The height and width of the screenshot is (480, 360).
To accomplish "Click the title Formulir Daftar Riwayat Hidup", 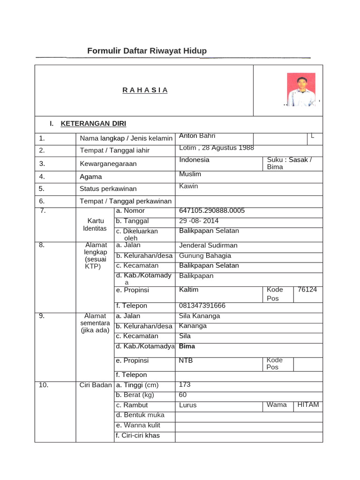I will (x=147, y=51).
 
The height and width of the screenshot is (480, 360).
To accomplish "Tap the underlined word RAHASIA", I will (x=145, y=90).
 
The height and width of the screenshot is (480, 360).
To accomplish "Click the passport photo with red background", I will (x=301, y=89).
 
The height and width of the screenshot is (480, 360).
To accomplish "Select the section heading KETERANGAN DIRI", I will (x=93, y=124).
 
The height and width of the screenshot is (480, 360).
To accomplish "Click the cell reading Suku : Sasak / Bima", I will (x=289, y=163).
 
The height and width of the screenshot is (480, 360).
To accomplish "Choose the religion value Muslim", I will (x=190, y=174).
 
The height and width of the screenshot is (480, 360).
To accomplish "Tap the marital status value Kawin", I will (x=188, y=186).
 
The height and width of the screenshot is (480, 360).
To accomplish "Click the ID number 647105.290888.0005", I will (x=212, y=211).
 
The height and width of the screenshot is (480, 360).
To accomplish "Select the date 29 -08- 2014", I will (x=199, y=221).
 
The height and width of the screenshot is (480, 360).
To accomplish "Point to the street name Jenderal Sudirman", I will (x=208, y=246).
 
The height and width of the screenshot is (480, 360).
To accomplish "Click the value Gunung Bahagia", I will (x=205, y=256).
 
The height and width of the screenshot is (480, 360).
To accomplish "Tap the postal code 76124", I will (x=307, y=290).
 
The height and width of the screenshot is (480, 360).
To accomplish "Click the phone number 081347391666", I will (x=202, y=306).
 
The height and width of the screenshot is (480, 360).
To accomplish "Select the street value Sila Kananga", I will (x=199, y=316).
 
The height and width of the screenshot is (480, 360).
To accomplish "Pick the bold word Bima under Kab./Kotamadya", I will (x=187, y=346).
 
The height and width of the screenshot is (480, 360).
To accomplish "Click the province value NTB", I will (x=186, y=360).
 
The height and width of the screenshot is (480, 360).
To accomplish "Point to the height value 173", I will (x=185, y=385).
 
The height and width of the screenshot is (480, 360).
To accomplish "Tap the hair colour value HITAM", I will (x=308, y=405).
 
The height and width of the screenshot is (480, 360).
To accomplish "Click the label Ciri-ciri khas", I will (x=138, y=435).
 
